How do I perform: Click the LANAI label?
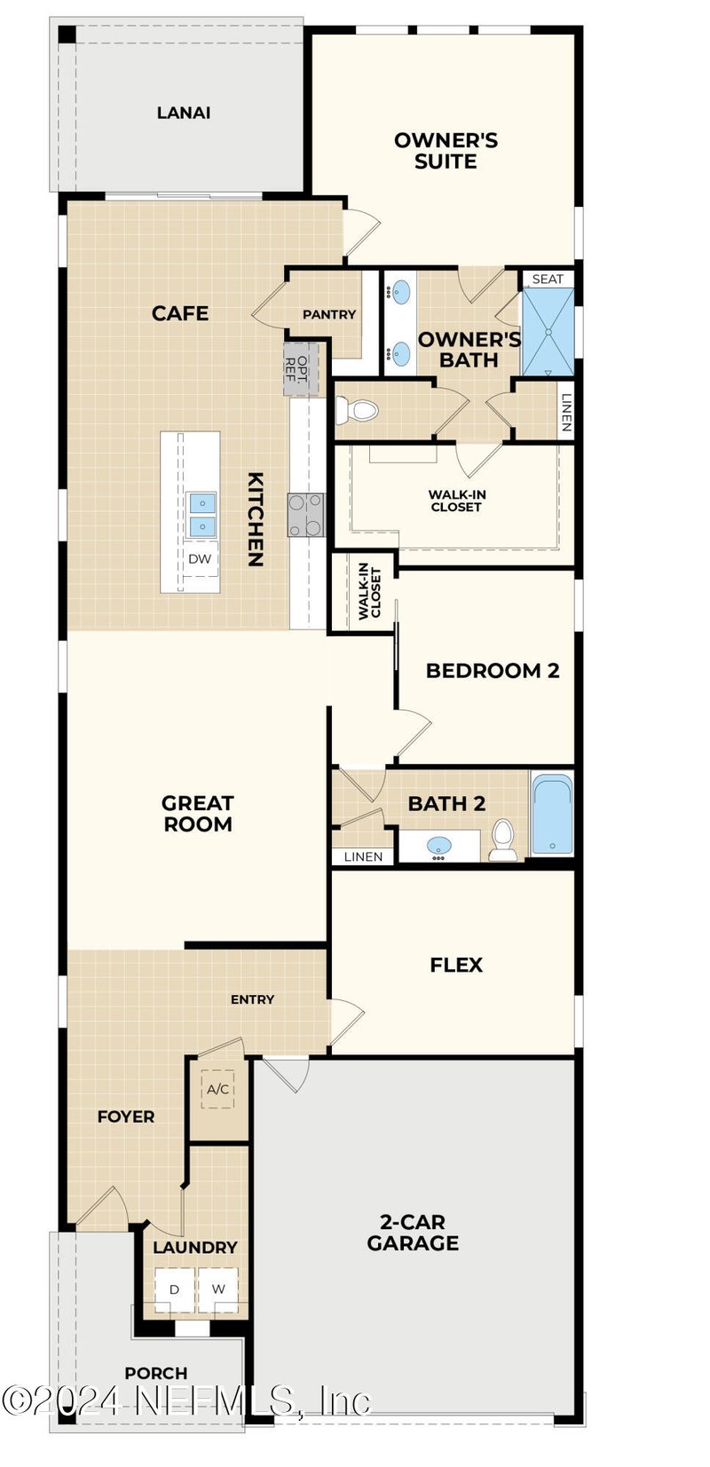click(x=184, y=113)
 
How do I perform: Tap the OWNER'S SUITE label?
click(x=446, y=151)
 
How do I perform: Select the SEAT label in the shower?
click(x=548, y=279)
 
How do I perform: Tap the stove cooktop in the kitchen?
click(x=306, y=515)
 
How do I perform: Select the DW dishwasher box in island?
click(x=200, y=559)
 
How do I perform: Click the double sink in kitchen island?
click(x=202, y=515)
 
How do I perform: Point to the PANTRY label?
click(x=329, y=314)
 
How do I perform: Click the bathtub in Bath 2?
click(x=552, y=815)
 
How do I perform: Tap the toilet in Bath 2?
click(x=503, y=840)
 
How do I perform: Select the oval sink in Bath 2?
click(x=439, y=846)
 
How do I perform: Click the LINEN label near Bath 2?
click(x=363, y=856)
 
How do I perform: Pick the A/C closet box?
click(x=218, y=1089)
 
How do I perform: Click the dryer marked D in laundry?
click(x=175, y=1290)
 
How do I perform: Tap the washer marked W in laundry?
click(x=218, y=1290)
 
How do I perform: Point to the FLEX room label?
click(x=456, y=965)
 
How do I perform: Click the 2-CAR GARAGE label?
click(x=413, y=1233)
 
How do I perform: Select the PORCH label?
click(x=156, y=1373)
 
